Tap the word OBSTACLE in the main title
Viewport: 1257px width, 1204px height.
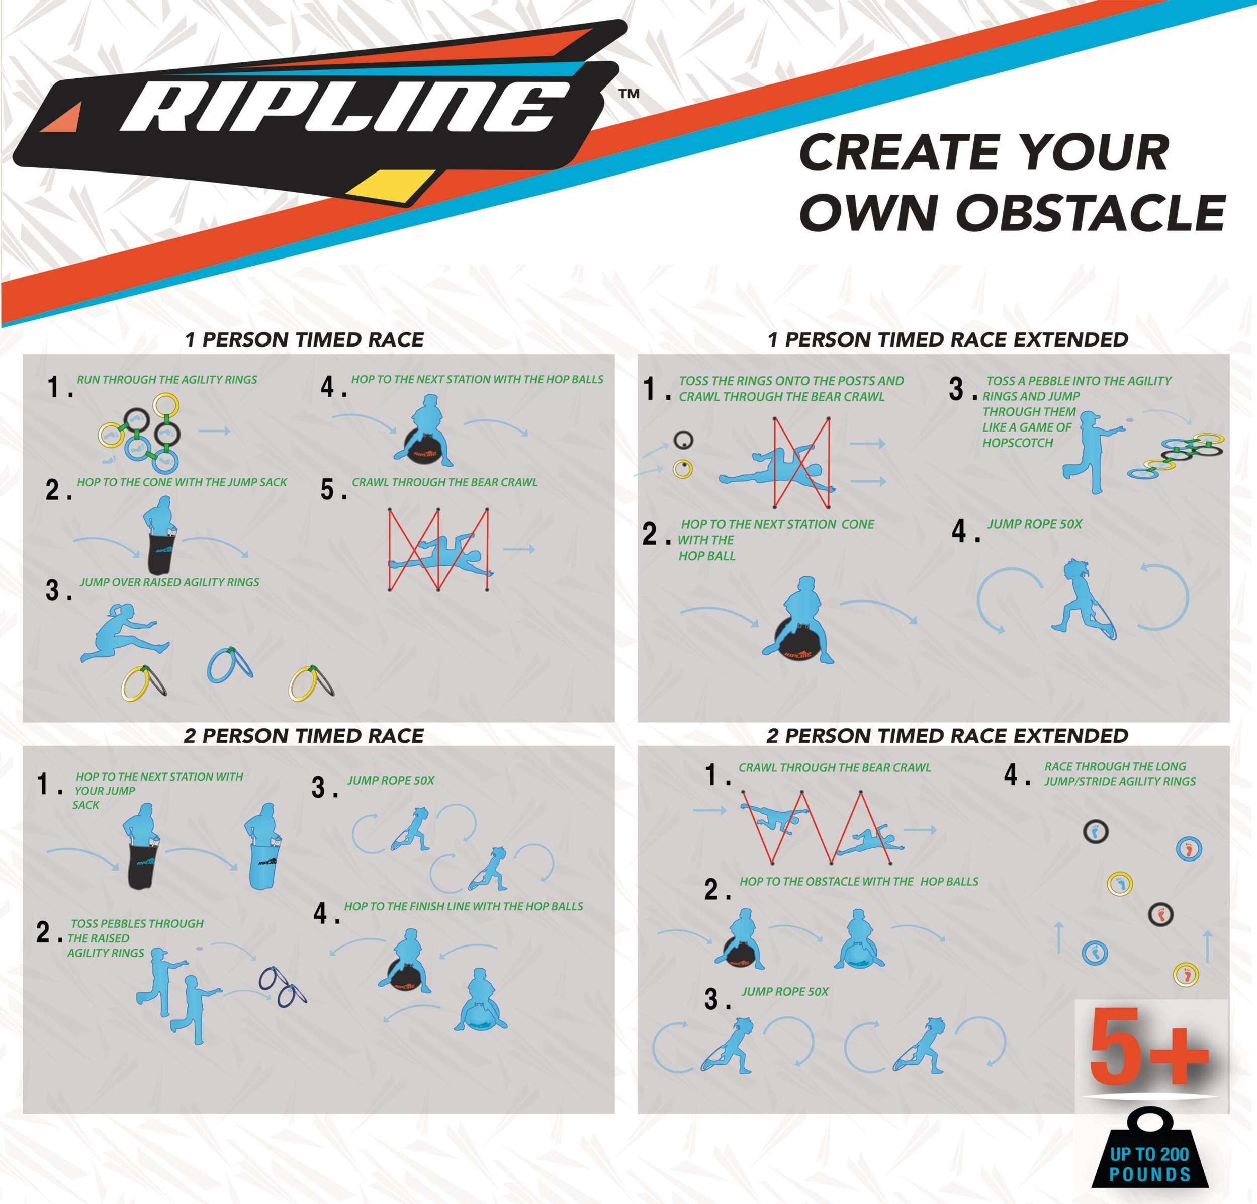[x=1090, y=212]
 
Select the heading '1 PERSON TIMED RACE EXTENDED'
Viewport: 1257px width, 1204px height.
[x=948, y=339]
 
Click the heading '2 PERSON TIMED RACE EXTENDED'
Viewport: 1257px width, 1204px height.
[x=947, y=735]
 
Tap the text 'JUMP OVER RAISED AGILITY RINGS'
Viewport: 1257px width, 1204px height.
[x=169, y=582]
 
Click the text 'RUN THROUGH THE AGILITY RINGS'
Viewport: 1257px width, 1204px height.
[x=167, y=379]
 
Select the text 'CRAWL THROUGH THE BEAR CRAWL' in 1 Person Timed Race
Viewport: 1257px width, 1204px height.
[x=444, y=482]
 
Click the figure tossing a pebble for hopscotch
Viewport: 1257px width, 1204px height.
[x=1090, y=453]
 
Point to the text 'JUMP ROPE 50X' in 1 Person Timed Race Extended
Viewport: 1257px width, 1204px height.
[x=1034, y=524]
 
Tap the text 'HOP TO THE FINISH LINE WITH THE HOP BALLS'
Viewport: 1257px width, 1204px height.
[x=464, y=906]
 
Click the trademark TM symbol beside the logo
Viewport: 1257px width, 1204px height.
[x=629, y=94]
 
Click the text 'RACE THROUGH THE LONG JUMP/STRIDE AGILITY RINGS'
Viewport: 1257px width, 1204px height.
[x=1120, y=773]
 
